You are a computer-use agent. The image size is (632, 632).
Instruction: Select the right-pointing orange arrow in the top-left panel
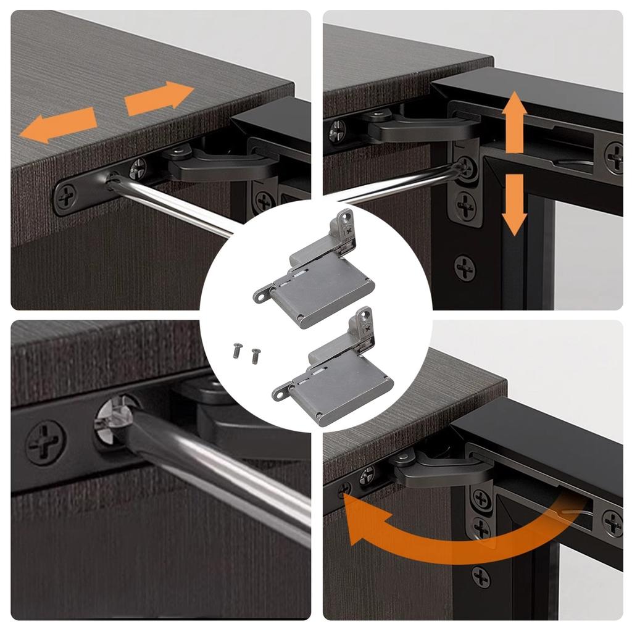[159, 98]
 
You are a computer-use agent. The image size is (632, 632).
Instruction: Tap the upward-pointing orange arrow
[514, 123]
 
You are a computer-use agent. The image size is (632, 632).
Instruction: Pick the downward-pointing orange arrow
[513, 203]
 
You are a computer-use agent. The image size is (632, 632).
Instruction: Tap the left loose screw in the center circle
[236, 350]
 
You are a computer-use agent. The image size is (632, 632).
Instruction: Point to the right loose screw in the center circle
[255, 354]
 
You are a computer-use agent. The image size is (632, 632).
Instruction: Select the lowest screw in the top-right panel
[465, 268]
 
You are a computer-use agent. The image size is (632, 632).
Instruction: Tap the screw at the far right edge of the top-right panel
[613, 157]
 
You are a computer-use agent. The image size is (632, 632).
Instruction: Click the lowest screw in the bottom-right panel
[481, 577]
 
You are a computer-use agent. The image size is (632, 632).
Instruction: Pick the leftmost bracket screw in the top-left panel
[66, 198]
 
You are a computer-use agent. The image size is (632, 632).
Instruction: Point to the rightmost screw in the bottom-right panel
[612, 523]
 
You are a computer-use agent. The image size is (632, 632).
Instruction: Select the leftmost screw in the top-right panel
[337, 131]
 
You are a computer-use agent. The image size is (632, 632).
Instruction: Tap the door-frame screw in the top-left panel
[264, 201]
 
